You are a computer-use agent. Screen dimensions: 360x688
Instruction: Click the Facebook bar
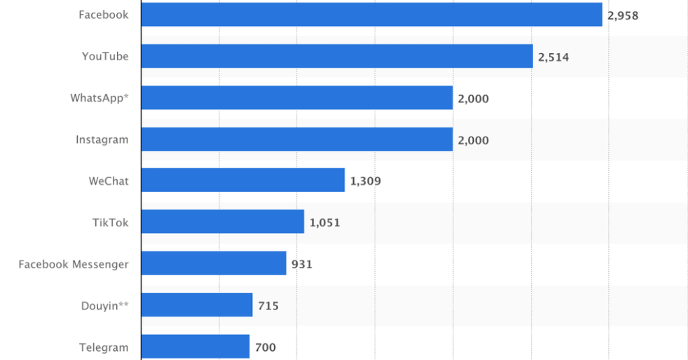coord(371,15)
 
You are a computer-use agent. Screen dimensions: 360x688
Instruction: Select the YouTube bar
coord(337,56)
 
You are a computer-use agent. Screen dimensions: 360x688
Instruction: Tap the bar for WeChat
coord(242,180)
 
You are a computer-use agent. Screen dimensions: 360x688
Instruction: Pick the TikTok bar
coord(222,222)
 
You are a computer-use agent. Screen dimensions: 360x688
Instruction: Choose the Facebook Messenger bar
coord(213,263)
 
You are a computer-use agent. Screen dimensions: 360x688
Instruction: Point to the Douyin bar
coord(196,305)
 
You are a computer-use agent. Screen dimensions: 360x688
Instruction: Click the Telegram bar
coord(195,347)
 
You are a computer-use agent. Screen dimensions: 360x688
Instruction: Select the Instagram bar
coord(296,139)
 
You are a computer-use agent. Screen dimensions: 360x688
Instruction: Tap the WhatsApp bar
coord(296,98)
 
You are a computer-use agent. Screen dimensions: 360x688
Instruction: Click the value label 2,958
coord(623,15)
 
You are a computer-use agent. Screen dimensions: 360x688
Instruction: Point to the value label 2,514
coord(553,57)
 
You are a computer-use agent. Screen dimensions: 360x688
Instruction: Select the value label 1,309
coord(365,181)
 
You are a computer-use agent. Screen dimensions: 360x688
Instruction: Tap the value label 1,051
coord(324,223)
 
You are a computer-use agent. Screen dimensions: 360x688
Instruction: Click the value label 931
coord(302,264)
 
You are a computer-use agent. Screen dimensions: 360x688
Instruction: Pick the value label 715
coord(268,305)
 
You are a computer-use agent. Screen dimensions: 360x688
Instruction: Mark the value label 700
coord(266,347)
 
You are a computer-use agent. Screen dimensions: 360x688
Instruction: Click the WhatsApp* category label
coord(99,98)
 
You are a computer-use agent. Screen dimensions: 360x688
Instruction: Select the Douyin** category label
coord(104,305)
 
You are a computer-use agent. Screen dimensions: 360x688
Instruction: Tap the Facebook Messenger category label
coord(74,264)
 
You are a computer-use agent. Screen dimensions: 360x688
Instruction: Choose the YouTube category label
coord(105,56)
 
